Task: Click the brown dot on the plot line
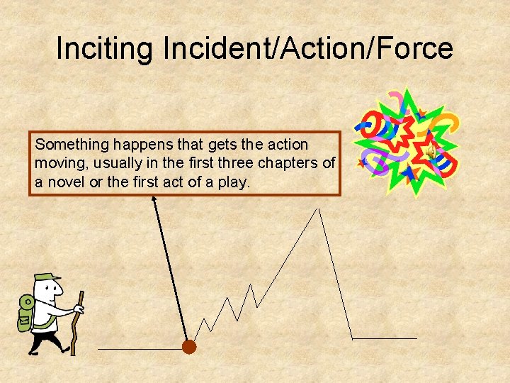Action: click(188, 347)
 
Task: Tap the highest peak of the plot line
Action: click(319, 209)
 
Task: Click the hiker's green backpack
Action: click(26, 313)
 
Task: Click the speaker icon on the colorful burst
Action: click(429, 151)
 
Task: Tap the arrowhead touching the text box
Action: click(153, 201)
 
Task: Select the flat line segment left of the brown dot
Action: click(139, 349)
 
